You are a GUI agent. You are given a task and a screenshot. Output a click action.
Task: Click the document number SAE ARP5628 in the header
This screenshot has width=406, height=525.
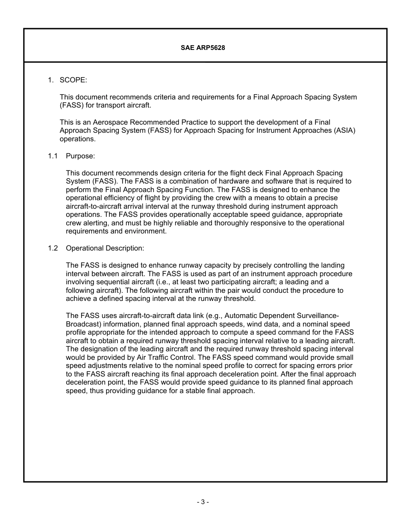203,48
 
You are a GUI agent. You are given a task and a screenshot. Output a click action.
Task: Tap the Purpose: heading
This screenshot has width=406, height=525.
80,156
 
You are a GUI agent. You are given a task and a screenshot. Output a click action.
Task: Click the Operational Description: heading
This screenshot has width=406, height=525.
105,248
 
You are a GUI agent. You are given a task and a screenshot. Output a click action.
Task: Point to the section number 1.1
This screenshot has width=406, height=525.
53,156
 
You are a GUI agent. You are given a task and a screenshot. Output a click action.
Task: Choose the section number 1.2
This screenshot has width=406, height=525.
53,248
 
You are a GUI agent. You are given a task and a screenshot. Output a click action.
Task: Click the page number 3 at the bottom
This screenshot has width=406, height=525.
203,502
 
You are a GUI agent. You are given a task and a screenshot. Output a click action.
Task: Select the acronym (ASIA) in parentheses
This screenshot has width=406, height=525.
345,131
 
